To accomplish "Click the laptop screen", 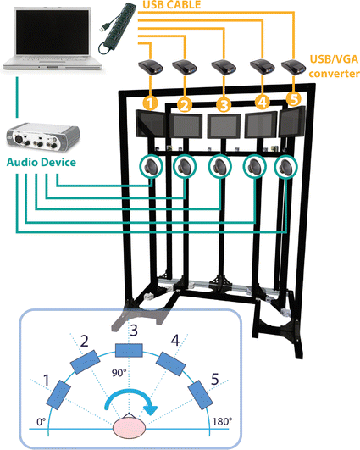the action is tap(53, 32).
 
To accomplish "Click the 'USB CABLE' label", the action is tap(172, 5).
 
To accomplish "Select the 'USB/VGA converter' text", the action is tap(334, 66).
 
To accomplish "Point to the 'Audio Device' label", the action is tap(42, 162).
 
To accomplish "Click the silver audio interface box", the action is tap(43, 137).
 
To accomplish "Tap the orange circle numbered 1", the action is tap(151, 103).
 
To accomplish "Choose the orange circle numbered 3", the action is tap(224, 105).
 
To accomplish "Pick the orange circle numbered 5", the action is tap(294, 99).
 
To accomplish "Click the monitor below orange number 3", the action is tap(224, 126).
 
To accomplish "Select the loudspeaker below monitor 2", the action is tap(185, 167).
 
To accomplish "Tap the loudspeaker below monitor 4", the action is tap(255, 167).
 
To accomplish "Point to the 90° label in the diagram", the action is tap(119, 373).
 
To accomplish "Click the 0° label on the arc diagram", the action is tap(42, 422).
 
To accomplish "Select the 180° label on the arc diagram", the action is tap(222, 421).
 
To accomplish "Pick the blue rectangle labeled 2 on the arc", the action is tap(86, 362).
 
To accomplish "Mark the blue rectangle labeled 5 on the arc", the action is tap(201, 395).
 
